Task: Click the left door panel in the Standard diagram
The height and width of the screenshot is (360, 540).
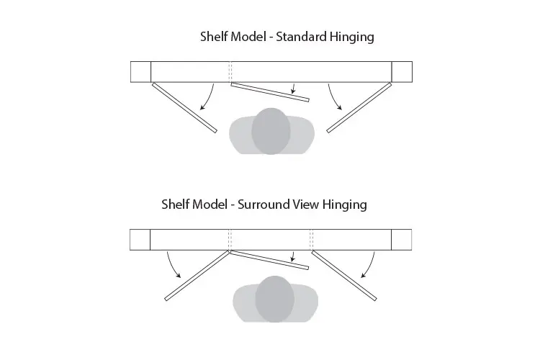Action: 184,108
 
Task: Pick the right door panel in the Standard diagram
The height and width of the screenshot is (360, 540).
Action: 359,108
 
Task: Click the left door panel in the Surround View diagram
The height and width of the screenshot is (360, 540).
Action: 197,275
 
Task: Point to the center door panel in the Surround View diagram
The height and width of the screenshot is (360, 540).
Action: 269,260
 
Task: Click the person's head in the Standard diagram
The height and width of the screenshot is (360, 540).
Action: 271,131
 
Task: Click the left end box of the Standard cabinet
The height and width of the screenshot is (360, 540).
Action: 140,73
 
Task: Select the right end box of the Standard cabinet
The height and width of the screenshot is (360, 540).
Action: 402,73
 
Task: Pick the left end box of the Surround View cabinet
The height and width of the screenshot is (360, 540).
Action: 140,240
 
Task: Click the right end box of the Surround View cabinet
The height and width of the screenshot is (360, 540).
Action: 402,240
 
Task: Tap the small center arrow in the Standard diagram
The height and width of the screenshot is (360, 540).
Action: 294,89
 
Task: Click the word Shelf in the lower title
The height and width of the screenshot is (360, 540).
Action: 175,204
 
